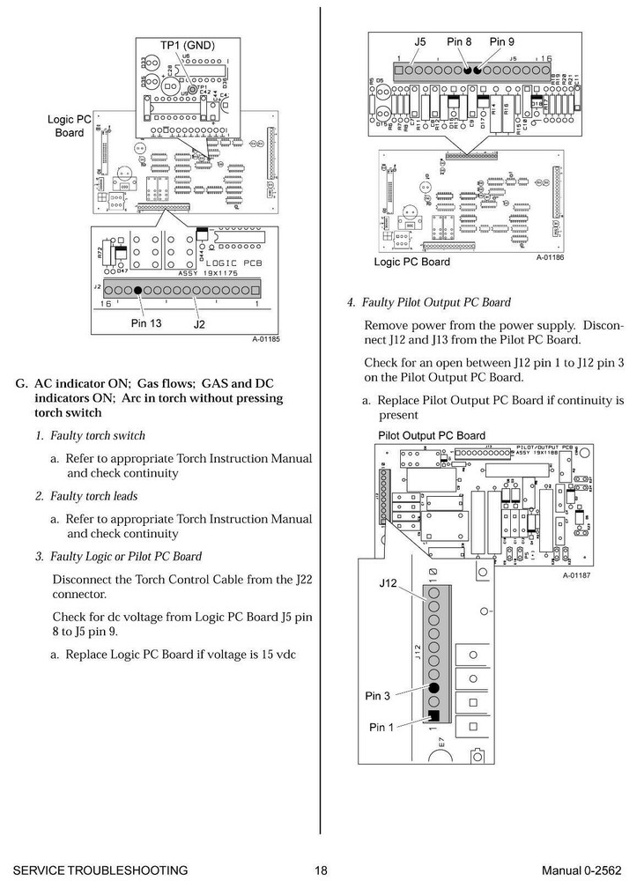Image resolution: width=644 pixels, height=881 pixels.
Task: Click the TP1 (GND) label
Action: (187, 45)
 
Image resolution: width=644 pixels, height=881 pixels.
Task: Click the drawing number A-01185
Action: (265, 339)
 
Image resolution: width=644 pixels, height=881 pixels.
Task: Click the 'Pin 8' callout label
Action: (460, 41)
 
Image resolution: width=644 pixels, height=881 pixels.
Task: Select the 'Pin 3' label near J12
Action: (377, 696)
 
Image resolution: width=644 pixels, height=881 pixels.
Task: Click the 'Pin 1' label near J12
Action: (382, 728)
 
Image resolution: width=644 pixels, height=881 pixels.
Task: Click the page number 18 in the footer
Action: (321, 870)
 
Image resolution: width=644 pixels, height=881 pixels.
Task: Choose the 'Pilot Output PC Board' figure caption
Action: (432, 435)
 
